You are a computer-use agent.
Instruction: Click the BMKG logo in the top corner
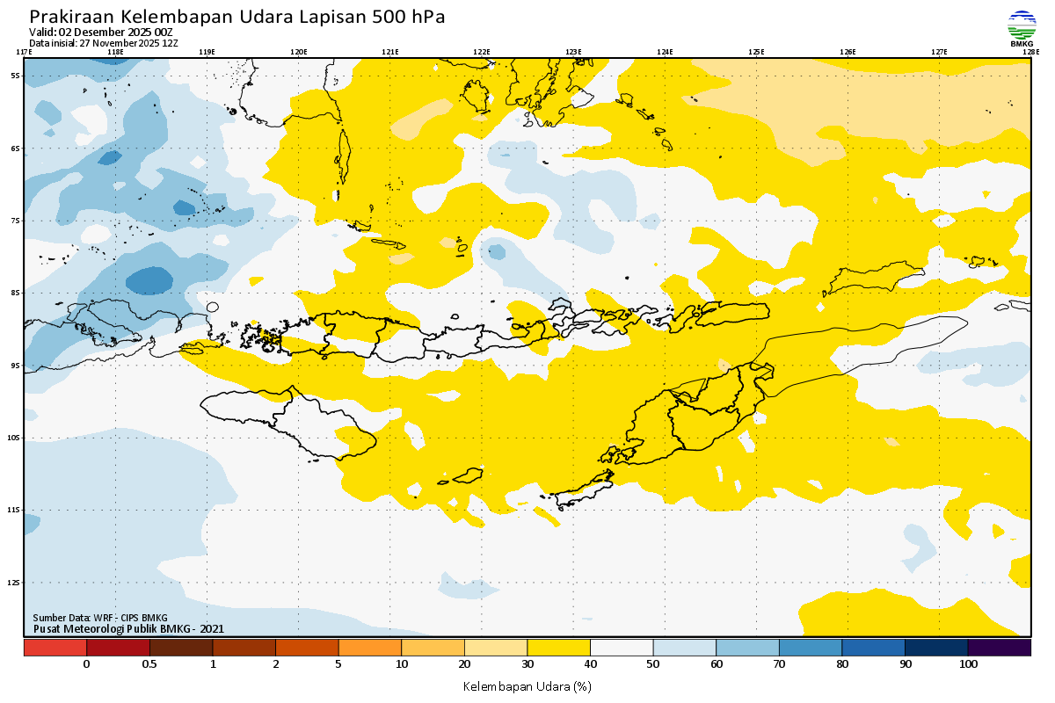[1022, 27]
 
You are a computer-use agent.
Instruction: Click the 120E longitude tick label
[298, 52]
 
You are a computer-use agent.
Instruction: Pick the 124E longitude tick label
[665, 52]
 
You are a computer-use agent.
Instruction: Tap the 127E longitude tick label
[939, 52]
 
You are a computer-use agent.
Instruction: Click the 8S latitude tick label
[16, 294]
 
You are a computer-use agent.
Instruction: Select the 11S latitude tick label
[15, 511]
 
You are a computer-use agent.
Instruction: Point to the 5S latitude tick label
[16, 76]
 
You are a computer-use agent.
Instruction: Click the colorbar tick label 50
[654, 664]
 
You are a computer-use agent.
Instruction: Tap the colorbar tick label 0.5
[149, 664]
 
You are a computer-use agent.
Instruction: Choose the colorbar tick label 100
[968, 664]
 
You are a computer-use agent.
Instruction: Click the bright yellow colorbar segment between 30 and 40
[558, 648]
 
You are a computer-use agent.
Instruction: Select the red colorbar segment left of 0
[55, 648]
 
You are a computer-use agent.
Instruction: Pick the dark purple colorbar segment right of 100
[999, 648]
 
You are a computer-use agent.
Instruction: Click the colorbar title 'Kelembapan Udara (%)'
[527, 685]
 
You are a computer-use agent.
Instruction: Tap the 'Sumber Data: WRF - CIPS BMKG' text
[99, 618]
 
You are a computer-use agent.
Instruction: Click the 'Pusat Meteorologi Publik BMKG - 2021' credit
[128, 628]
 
